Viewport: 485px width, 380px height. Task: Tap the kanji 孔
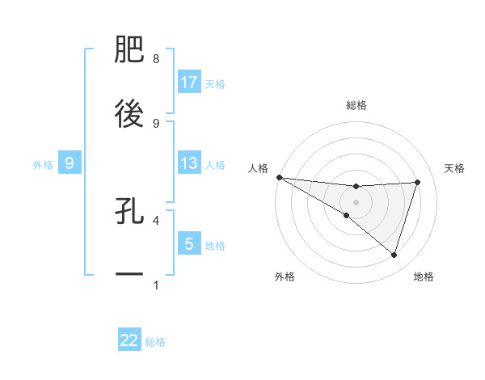pos(129,212)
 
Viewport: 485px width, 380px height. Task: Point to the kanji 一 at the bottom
pos(129,275)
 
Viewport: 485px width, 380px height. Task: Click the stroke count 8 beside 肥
pos(155,59)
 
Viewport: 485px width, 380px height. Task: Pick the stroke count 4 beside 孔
pos(155,219)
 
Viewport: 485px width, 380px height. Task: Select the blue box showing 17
pos(189,82)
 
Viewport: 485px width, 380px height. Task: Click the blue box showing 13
pos(189,163)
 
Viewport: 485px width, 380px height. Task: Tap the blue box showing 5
pos(189,243)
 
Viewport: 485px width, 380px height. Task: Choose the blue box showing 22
pos(129,340)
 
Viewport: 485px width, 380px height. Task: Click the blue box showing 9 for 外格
pos(70,163)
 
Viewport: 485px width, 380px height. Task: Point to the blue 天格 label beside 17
pos(215,83)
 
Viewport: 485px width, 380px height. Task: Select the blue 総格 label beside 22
pos(156,342)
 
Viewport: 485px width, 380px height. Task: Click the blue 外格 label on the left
pos(43,164)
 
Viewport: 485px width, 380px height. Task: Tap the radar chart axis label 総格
pos(356,105)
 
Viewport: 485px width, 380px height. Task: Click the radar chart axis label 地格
pos(424,277)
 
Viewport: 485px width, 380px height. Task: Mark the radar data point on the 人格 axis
pos(279,177)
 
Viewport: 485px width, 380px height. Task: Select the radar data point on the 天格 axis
pos(418,182)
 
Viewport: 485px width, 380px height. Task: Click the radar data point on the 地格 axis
pos(394,255)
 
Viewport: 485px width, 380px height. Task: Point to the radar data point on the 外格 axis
pos(347,216)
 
